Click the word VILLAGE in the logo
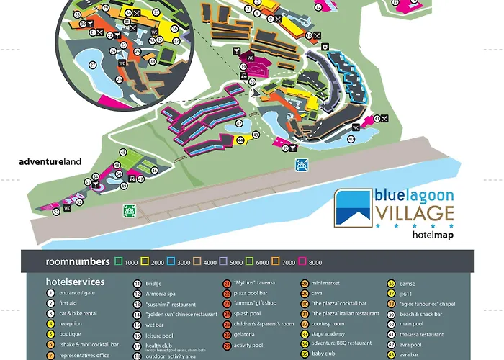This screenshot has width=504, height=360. coord(414,214)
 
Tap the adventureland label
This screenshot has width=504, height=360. coord(50,162)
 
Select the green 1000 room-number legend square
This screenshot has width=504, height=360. coord(119,261)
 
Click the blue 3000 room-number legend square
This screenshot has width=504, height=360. coord(171,261)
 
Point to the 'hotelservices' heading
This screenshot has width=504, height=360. coord(75,282)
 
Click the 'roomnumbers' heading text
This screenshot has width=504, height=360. coord(78,261)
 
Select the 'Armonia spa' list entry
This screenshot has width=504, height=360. coord(162,294)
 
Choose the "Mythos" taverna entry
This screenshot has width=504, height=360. coord(253,283)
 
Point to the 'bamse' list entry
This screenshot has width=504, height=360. coord(407,283)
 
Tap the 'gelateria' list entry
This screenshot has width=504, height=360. coord(247,335)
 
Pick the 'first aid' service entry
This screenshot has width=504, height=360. coord(69,303)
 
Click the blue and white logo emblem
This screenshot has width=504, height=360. coord(354,207)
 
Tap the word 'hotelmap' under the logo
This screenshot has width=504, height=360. coord(433,234)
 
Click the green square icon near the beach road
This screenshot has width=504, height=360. coord(130,211)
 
